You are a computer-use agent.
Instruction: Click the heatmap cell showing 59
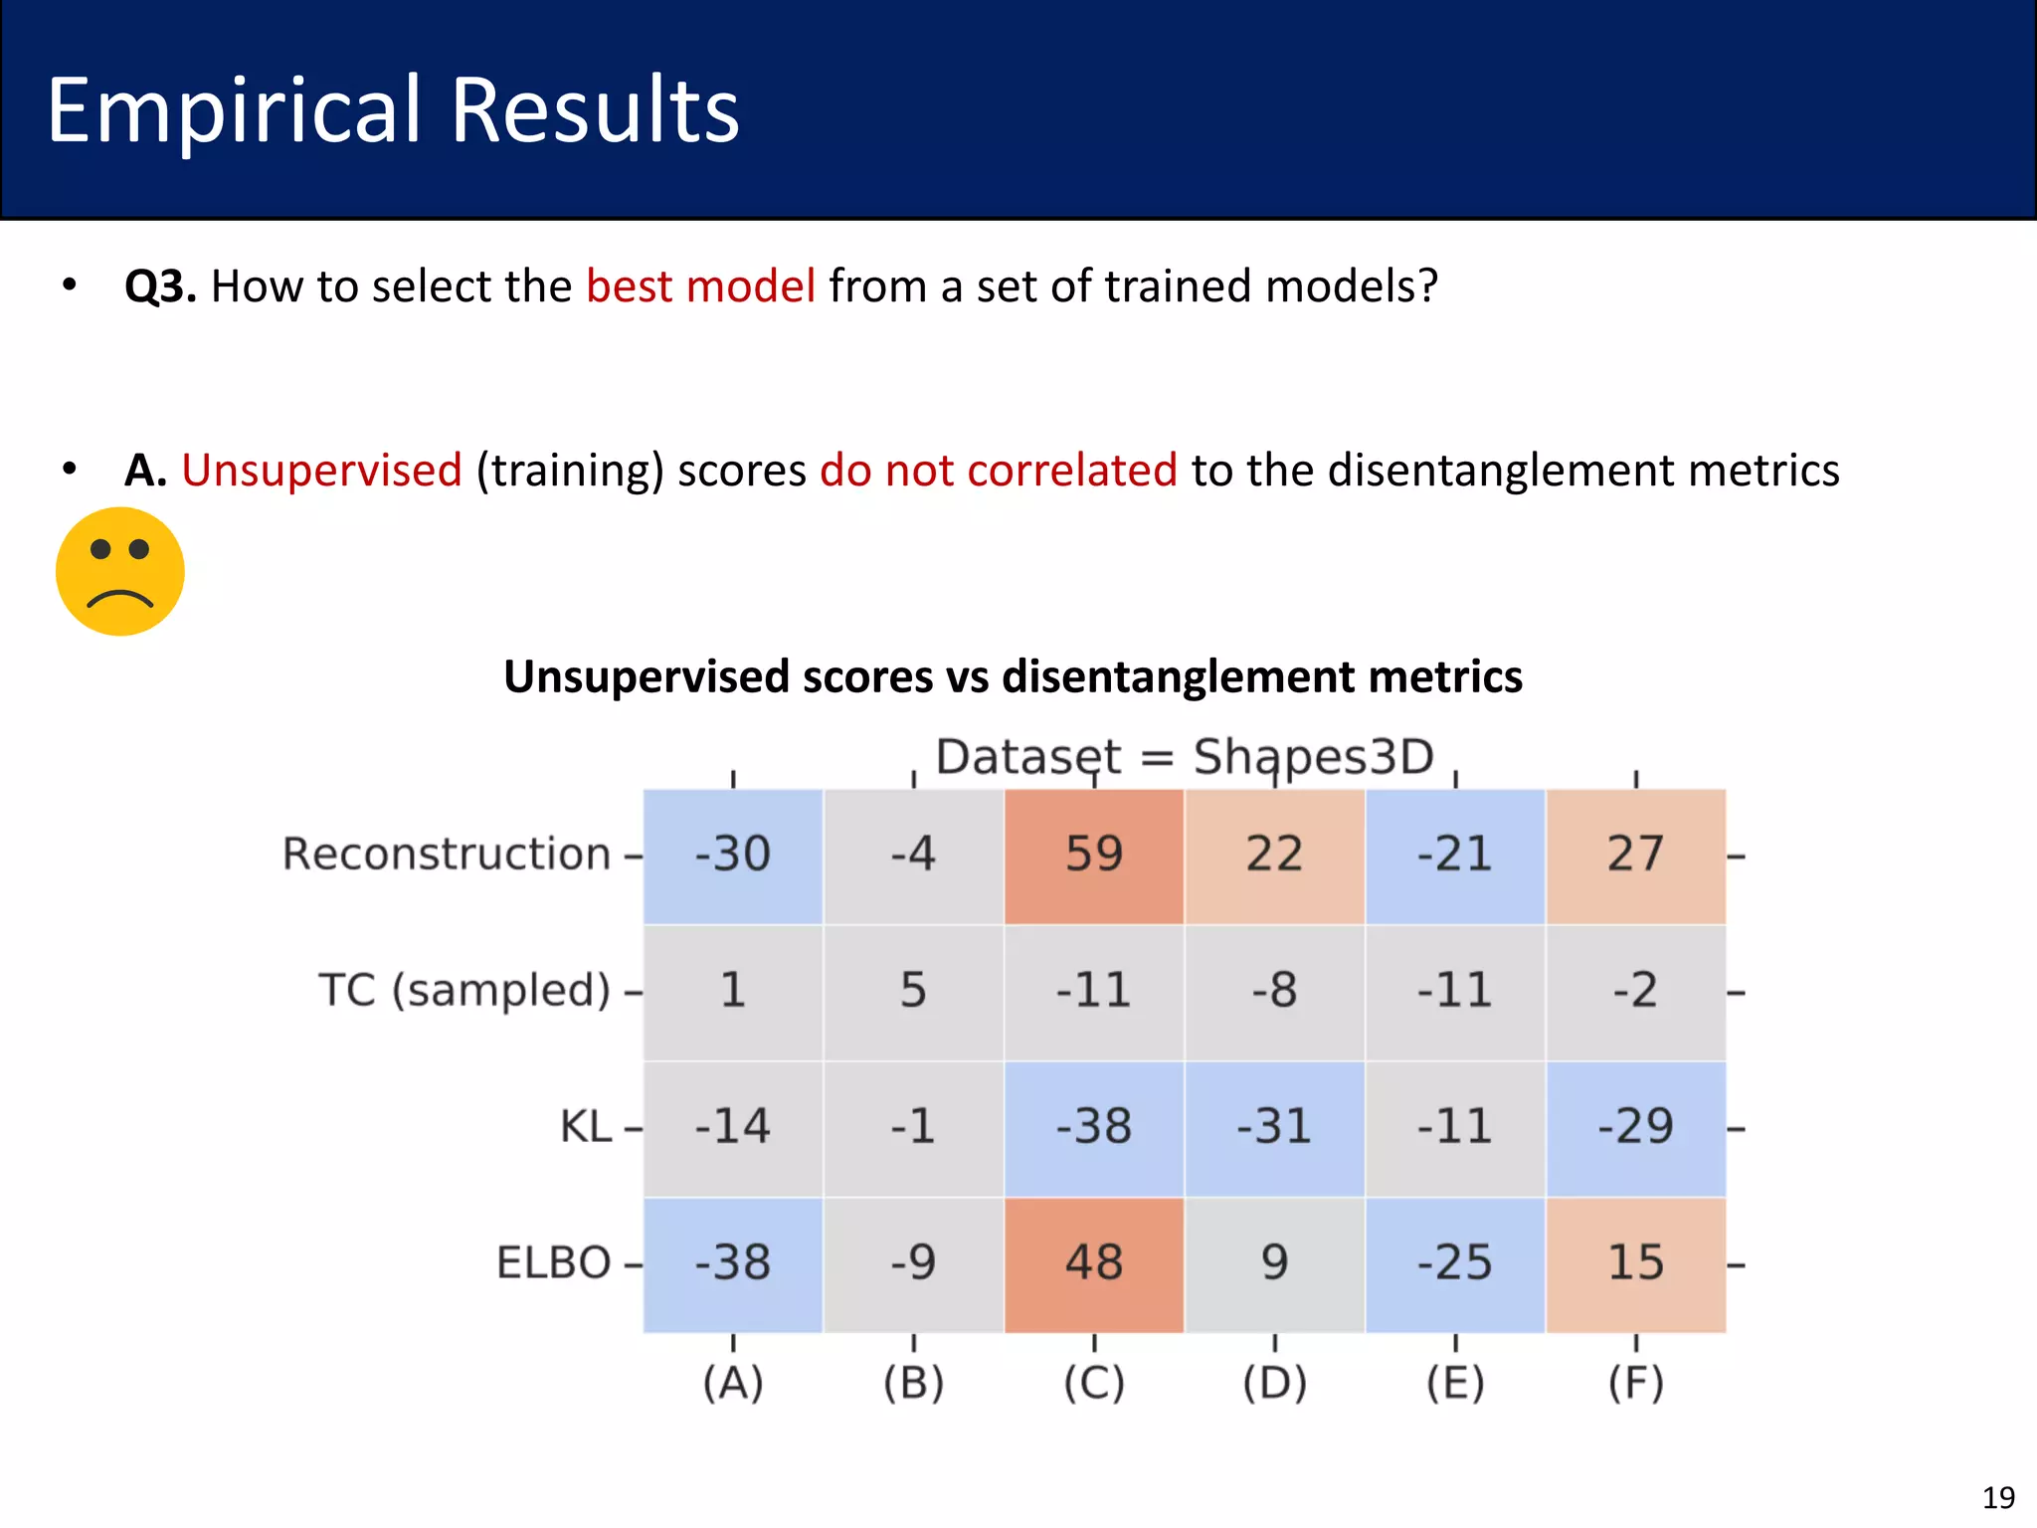click(x=1094, y=856)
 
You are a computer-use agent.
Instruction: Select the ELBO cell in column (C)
click(x=1094, y=1263)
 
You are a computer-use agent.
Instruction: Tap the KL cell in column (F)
click(x=1635, y=1128)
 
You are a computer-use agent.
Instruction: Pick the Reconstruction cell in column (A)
click(x=733, y=856)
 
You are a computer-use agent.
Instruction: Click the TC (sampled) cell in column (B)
click(x=913, y=992)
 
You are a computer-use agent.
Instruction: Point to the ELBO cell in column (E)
click(x=1454, y=1263)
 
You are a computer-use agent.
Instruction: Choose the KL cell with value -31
click(x=1274, y=1128)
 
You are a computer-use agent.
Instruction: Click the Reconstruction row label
click(x=446, y=855)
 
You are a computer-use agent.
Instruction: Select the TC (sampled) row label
click(x=463, y=991)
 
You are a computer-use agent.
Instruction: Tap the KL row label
click(x=585, y=1128)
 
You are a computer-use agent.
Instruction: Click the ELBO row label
click(x=553, y=1263)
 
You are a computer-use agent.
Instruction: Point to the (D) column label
click(x=1274, y=1383)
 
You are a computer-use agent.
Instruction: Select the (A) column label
click(x=733, y=1383)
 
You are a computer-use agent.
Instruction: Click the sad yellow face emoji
click(x=120, y=571)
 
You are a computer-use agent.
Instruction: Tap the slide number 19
click(x=1998, y=1498)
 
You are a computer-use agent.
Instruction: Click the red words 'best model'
click(x=700, y=286)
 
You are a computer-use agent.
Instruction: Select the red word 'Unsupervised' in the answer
click(x=321, y=471)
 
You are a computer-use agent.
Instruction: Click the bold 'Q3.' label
click(x=160, y=286)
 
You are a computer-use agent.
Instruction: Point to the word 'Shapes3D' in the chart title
click(x=1313, y=758)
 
